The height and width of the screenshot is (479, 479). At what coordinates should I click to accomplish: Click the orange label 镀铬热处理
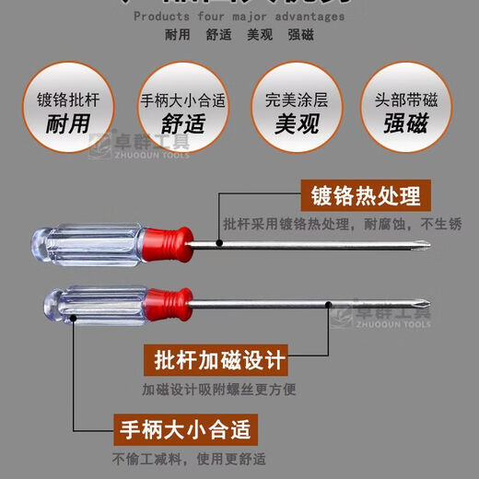pyautogui.click(x=366, y=196)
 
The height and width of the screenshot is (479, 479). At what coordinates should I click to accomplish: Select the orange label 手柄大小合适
pyautogui.click(x=184, y=428)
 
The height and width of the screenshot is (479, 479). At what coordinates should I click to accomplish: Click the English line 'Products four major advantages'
pyautogui.click(x=239, y=16)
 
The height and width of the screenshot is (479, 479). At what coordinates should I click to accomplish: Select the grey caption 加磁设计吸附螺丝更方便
pyautogui.click(x=218, y=389)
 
